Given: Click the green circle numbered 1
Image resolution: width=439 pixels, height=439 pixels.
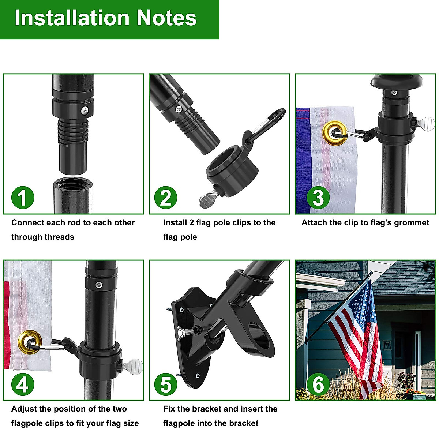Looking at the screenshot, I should pyautogui.click(x=23, y=198).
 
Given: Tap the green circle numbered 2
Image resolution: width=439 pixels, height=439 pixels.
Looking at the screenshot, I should pyautogui.click(x=166, y=198).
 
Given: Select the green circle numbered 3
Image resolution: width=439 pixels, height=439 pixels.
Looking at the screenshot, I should pyautogui.click(x=318, y=198).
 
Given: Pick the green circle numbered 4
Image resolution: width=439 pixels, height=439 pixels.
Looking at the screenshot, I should pyautogui.click(x=23, y=384).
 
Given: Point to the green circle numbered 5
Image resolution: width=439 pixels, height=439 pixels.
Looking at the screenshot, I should pyautogui.click(x=166, y=384).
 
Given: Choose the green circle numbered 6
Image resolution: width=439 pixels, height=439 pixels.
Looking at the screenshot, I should pyautogui.click(x=318, y=384).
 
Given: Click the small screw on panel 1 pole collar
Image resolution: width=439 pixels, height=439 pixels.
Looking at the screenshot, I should pyautogui.click(x=85, y=109).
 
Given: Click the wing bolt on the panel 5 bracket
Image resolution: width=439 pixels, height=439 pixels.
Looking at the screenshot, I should pyautogui.click(x=187, y=331).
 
